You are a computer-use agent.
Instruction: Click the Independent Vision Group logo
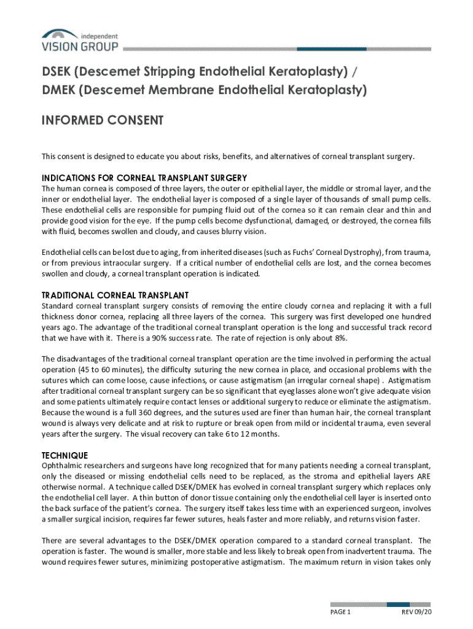tap(79, 41)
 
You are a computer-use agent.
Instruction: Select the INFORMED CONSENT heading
tap(102, 120)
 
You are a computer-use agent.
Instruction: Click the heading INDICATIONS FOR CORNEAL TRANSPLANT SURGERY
tap(144, 178)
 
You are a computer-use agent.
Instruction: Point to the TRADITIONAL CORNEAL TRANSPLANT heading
tap(115, 295)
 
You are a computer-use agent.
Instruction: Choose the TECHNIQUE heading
tap(64, 455)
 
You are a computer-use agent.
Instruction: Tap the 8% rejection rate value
tap(338, 338)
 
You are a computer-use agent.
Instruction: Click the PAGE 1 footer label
tap(340, 612)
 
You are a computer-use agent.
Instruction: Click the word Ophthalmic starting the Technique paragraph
tap(63, 466)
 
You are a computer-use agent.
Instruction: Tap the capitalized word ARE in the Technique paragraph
tap(423, 476)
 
